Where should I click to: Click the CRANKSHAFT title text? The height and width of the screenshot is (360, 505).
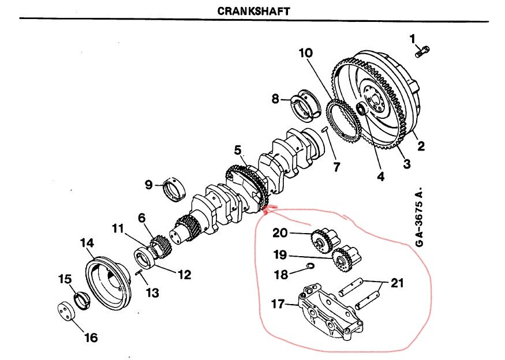pyautogui.click(x=253, y=11)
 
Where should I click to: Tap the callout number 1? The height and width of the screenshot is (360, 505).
pyautogui.click(x=413, y=39)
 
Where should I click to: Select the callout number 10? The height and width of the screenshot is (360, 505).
pyautogui.click(x=305, y=53)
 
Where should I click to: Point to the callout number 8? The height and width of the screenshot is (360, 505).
pyautogui.click(x=276, y=99)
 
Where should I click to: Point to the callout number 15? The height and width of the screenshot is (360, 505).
pyautogui.click(x=63, y=279)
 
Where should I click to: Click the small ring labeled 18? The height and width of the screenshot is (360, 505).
pyautogui.click(x=310, y=267)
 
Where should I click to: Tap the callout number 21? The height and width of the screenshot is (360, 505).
pyautogui.click(x=397, y=283)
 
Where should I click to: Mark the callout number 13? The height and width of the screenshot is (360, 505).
pyautogui.click(x=152, y=293)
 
